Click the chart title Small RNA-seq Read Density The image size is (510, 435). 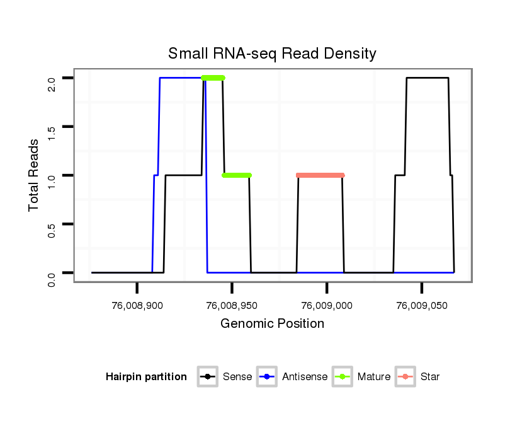pos(272,54)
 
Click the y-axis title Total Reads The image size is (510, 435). pos(35,175)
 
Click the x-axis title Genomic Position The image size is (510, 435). pos(272,324)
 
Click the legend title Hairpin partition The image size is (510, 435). pos(147,377)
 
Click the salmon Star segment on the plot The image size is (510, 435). pos(320,175)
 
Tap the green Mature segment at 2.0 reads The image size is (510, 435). pos(213,78)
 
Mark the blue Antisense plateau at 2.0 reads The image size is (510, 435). pos(180,78)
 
